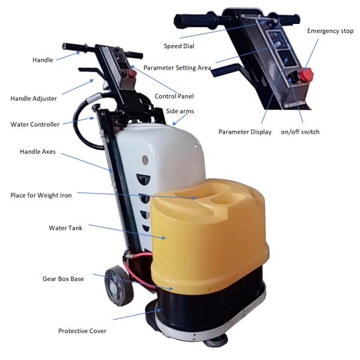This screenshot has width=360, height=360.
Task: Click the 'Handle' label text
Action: pos(43,60)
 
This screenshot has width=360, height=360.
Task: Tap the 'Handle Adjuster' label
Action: pos(34,98)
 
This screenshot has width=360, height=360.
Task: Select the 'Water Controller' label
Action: pos(35,124)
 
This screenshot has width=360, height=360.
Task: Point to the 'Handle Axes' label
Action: pos(38,152)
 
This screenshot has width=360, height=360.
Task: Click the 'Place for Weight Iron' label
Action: pos(41,195)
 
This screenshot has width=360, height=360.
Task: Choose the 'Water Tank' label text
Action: pos(65,228)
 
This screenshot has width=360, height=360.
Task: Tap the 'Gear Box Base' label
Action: pos(63,279)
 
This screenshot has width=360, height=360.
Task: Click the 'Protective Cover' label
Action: pos(82,331)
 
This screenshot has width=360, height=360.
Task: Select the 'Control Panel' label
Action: pos(174,96)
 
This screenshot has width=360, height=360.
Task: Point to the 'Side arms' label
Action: pos(180,111)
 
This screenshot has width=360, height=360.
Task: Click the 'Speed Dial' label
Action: pos(179,46)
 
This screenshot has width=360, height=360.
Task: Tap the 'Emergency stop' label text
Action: pos(331,31)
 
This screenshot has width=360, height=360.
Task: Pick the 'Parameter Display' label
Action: pos(245,132)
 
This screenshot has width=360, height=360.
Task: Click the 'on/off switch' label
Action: pos(300,132)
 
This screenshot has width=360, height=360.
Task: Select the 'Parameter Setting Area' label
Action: pos(177,68)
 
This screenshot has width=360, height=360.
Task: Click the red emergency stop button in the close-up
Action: pos(307,74)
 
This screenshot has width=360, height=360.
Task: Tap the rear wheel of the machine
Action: pos(119,286)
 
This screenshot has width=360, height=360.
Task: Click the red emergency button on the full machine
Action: pos(133,73)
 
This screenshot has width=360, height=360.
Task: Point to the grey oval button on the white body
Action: pos(145,160)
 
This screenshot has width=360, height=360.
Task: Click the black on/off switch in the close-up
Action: pos(293,77)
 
